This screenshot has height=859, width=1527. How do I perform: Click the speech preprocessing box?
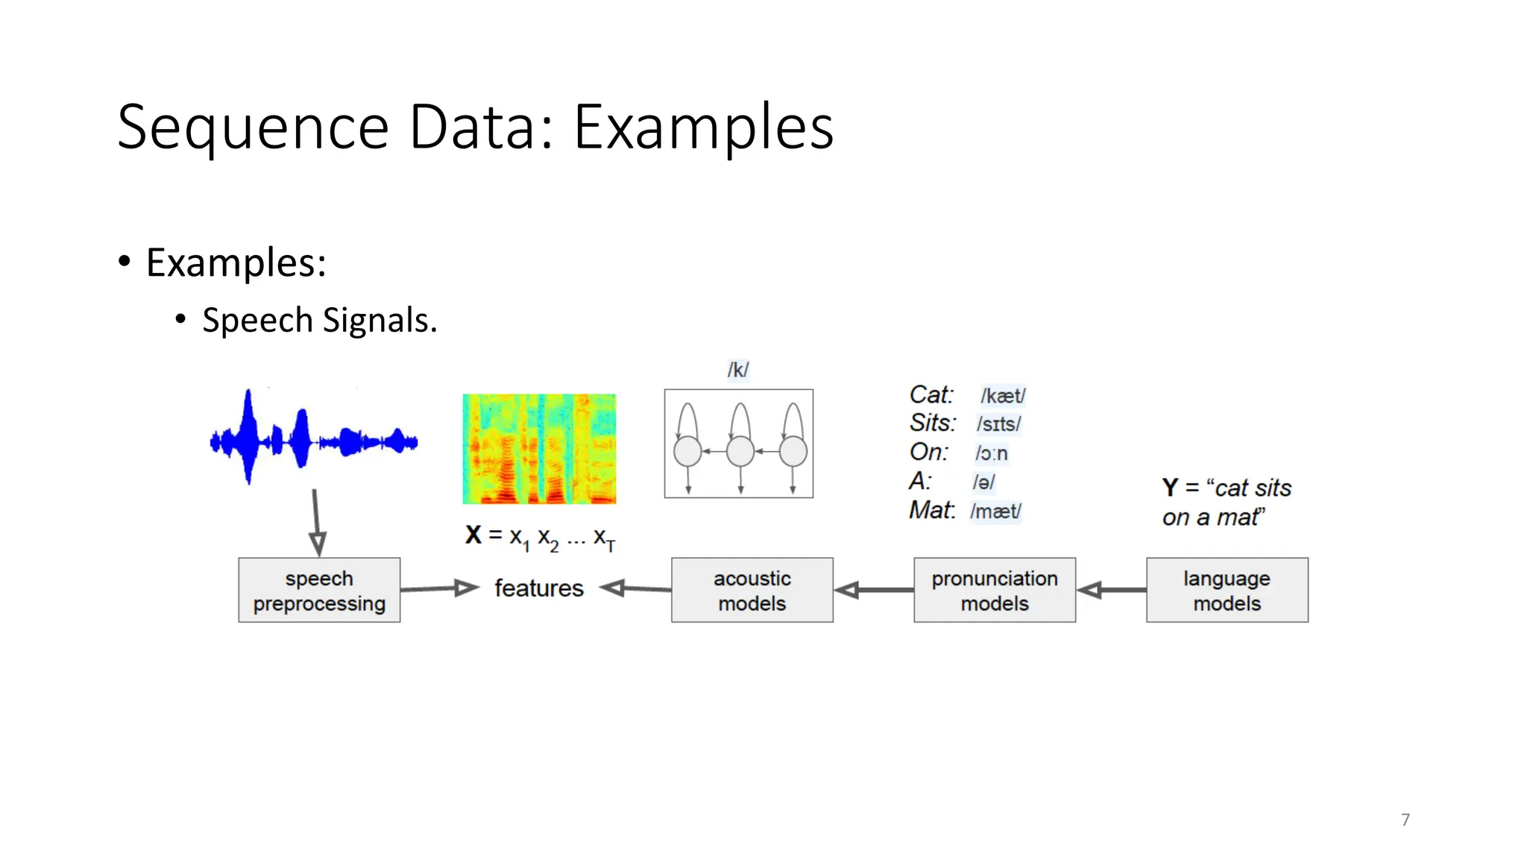click(319, 590)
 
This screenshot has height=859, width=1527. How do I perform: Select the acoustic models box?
click(752, 590)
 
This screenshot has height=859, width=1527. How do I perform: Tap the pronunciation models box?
click(995, 590)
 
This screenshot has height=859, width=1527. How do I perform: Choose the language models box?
click(1227, 590)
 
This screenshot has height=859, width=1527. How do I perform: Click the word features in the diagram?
click(538, 588)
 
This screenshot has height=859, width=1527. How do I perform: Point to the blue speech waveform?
click(313, 440)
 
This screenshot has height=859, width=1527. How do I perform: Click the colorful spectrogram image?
click(539, 449)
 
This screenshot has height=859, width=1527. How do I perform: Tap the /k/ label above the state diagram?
click(737, 370)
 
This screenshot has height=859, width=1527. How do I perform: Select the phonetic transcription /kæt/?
click(1003, 395)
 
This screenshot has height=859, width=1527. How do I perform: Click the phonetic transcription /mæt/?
click(995, 512)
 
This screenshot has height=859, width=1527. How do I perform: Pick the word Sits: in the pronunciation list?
click(932, 423)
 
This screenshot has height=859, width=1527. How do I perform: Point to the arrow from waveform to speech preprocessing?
click(316, 522)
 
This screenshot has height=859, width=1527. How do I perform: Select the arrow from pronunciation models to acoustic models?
click(873, 591)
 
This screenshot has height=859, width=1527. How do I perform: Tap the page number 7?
click(1405, 819)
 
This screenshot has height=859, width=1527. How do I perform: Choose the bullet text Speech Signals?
click(319, 320)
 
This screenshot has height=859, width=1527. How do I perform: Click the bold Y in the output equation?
click(1170, 488)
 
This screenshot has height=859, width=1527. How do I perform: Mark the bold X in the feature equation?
click(473, 535)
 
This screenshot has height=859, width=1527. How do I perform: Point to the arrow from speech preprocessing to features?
click(438, 589)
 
